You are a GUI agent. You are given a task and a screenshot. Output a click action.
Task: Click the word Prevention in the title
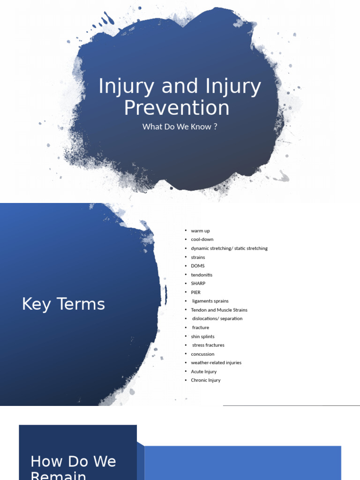tap(177, 108)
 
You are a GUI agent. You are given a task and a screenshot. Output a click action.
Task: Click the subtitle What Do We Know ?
tap(180, 127)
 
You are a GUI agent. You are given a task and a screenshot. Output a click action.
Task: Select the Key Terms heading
tap(63, 304)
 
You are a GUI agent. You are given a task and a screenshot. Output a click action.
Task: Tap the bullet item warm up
tap(200, 231)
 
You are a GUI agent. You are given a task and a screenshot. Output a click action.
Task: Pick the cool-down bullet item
tap(202, 240)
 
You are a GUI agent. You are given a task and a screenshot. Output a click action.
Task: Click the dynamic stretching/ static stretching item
tap(229, 248)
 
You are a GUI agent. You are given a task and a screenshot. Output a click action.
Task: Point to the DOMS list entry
tap(198, 266)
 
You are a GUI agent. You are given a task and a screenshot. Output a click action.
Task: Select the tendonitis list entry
tap(202, 275)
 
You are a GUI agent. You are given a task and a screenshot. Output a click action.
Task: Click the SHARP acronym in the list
tap(198, 284)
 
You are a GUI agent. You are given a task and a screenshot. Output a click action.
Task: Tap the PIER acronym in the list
tap(195, 292)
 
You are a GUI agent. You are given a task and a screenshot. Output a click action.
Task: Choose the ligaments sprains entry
tap(210, 301)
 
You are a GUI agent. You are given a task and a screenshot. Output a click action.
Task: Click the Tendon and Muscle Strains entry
tap(219, 310)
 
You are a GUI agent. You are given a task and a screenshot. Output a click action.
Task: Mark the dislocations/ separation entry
tap(217, 319)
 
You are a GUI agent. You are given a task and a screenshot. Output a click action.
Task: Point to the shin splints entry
tap(202, 336)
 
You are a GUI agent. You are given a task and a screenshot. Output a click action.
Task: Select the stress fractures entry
tap(208, 345)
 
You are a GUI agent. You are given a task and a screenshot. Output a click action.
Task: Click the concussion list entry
tap(202, 354)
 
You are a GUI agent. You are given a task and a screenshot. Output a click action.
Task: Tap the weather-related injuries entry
tap(216, 363)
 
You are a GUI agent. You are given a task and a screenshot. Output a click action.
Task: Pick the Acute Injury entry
tap(203, 372)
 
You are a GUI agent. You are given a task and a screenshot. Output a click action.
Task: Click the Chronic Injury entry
tap(205, 380)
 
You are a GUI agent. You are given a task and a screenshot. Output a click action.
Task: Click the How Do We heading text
tap(73, 461)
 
